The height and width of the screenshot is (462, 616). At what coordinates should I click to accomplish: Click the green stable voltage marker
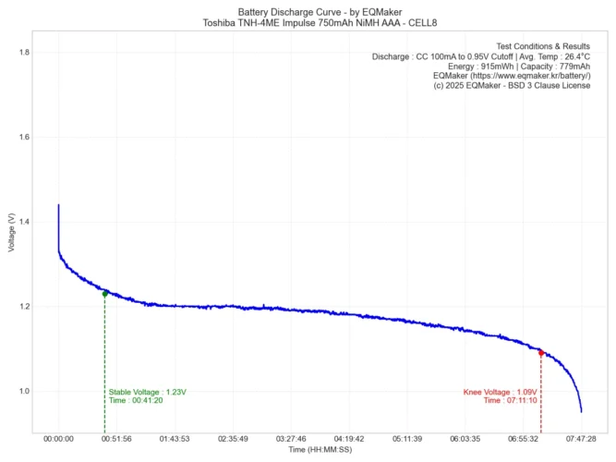click(x=104, y=294)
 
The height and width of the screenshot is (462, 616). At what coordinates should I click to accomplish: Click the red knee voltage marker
click(x=540, y=353)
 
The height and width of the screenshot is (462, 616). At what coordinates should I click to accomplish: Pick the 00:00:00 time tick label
click(x=58, y=439)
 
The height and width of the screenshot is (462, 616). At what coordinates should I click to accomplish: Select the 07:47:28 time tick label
click(x=581, y=439)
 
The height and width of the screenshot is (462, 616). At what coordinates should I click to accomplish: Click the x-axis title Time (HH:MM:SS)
click(x=320, y=450)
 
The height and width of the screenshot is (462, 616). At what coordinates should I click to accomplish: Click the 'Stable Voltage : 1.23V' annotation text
click(x=148, y=392)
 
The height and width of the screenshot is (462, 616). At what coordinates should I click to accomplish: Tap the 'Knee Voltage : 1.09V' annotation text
click(x=500, y=392)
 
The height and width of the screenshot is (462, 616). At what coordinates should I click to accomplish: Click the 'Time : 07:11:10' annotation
click(x=509, y=401)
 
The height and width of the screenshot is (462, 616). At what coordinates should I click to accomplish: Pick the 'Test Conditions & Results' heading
click(x=543, y=45)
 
